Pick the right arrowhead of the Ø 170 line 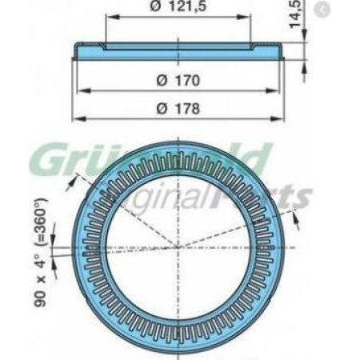point(280,90)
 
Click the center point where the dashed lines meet point(178,247)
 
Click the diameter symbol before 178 point(157,109)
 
